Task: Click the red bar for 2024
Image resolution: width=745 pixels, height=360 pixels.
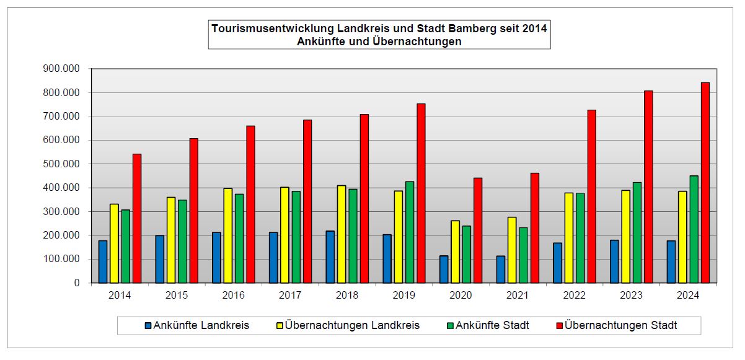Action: (x=705, y=183)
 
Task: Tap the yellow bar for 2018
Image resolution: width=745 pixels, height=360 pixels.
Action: (x=342, y=234)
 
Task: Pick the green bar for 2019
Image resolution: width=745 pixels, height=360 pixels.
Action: (x=410, y=232)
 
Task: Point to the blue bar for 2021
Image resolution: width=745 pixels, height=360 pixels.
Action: (x=501, y=270)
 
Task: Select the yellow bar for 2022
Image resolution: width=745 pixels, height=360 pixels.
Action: (x=569, y=238)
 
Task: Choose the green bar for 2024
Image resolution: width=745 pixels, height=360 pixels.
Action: (x=694, y=229)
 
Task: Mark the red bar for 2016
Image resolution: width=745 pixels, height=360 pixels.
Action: (x=250, y=204)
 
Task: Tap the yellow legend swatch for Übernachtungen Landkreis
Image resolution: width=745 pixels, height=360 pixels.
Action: (x=280, y=325)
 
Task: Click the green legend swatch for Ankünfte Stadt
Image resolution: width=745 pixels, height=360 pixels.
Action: (x=450, y=325)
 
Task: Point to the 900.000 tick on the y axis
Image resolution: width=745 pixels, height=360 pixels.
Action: (x=62, y=69)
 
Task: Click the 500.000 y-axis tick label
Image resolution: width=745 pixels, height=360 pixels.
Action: (x=62, y=164)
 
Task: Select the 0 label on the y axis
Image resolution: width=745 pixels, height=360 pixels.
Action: (x=77, y=283)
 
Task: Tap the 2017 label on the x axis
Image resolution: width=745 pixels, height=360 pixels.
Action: (x=290, y=296)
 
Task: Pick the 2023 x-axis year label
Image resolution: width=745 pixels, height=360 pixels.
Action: (x=631, y=296)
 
